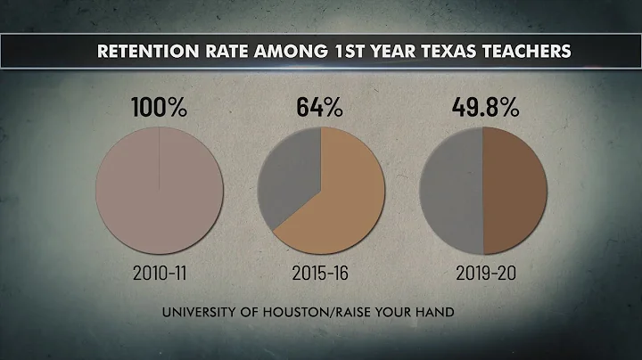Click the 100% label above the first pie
tap(160, 109)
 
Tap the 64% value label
tap(320, 109)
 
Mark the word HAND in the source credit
tap(457, 312)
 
